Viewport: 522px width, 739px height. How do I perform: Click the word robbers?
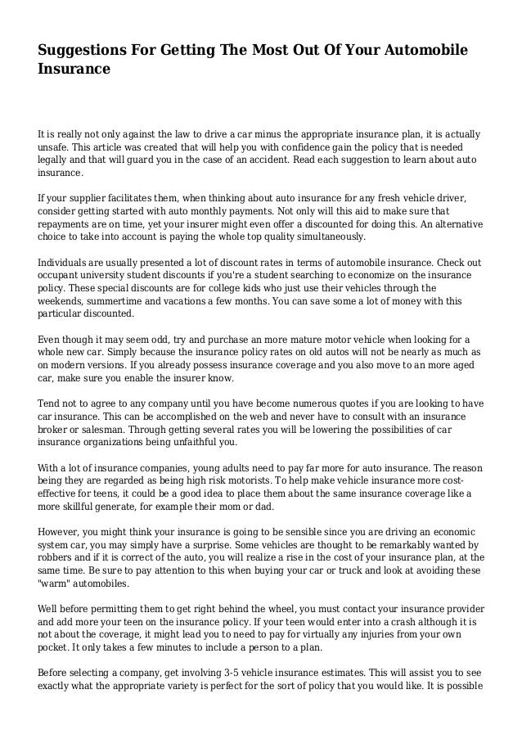(x=59, y=557)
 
